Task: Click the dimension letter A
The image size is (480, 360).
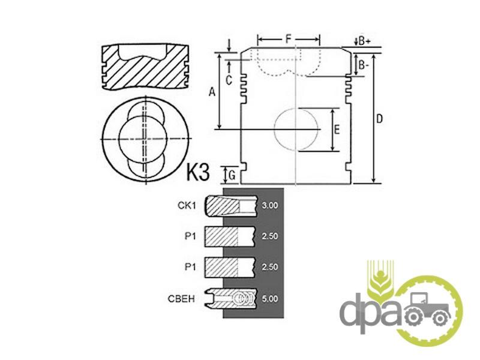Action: click(212, 92)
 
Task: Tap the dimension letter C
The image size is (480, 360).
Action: click(229, 80)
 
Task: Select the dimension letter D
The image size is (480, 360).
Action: click(379, 118)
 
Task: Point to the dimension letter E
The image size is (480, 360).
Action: click(337, 130)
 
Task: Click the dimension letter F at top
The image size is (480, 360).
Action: click(288, 39)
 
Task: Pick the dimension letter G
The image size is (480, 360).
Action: click(232, 175)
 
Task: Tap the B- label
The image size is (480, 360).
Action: click(364, 65)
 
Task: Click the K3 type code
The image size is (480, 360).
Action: click(198, 172)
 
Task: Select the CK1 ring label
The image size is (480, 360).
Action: click(187, 205)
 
